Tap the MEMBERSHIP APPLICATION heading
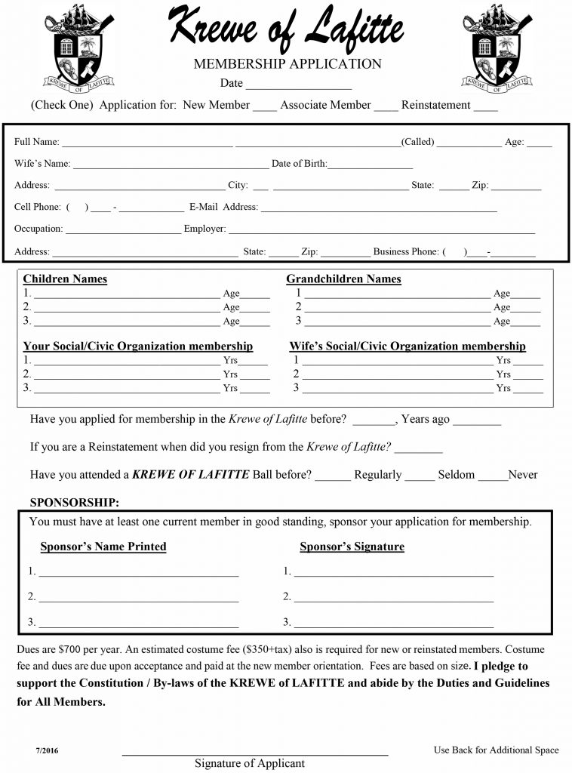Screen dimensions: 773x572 tap(288, 64)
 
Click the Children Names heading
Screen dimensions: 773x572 tap(65, 279)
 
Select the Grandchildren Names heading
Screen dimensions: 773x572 tap(343, 279)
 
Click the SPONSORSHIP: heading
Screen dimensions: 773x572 tap(74, 503)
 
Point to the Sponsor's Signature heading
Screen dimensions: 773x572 tap(352, 547)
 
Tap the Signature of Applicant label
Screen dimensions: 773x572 tap(250, 763)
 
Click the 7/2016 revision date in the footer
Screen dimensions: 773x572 tap(46, 750)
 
